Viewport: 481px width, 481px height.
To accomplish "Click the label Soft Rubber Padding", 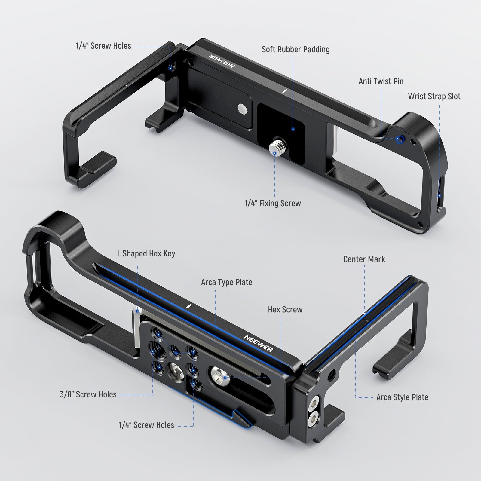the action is point(296,49).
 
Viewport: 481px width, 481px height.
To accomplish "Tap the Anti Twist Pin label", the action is point(381,81).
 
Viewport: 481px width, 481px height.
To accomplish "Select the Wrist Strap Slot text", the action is point(434,96).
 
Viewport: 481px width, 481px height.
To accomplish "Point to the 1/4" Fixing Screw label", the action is point(272,203).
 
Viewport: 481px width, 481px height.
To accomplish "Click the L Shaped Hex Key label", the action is point(146,254).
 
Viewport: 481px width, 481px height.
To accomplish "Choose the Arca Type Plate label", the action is point(227,282).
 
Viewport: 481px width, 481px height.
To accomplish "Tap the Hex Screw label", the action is point(285,309).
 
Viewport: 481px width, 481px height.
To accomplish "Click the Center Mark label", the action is point(364,259).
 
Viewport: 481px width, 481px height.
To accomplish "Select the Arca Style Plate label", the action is point(402,397).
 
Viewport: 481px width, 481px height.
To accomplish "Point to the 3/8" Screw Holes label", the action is point(88,394).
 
